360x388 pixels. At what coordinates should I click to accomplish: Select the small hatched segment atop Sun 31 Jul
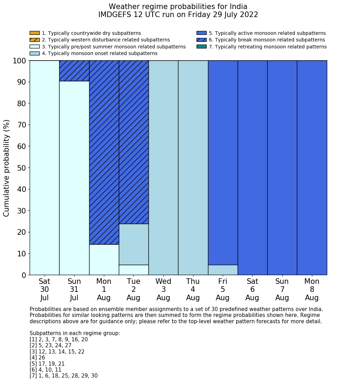point(74,71)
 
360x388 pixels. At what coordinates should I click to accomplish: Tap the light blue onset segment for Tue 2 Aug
point(134,244)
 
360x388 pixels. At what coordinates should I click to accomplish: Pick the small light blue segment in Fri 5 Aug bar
point(223,270)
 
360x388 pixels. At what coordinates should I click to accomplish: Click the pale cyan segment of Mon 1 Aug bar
point(104,259)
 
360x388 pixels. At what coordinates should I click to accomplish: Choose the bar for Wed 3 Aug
point(163,168)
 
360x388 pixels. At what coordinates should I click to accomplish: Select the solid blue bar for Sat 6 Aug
point(252,168)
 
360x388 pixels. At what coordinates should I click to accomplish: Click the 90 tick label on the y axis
point(22,82)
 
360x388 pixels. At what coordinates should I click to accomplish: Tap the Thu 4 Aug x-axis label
point(193,289)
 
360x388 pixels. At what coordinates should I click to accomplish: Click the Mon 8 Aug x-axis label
point(312,289)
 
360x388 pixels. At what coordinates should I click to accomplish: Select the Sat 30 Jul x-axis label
point(45,289)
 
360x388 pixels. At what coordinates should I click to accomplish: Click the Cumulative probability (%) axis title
point(7,168)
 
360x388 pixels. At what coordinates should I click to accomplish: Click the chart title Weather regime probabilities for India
point(178,7)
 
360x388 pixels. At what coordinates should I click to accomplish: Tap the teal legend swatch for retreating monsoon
point(201,47)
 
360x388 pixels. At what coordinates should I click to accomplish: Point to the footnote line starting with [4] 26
point(37,358)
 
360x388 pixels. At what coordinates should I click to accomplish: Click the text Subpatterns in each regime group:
point(75,333)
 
